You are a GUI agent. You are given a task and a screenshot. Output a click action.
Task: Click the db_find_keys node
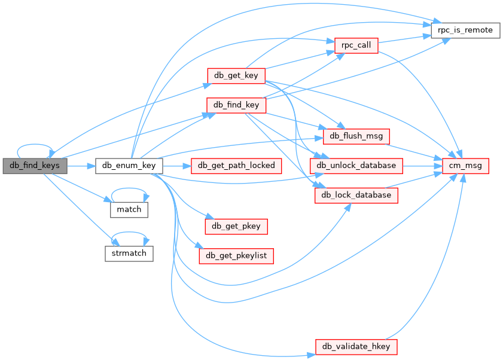click(x=35, y=164)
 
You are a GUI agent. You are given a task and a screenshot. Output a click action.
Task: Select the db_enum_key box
click(x=129, y=165)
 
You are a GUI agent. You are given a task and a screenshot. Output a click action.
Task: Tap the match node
click(x=129, y=209)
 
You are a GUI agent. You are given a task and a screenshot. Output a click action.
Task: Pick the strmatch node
click(x=129, y=253)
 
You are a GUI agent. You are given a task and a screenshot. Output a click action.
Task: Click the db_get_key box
click(x=236, y=75)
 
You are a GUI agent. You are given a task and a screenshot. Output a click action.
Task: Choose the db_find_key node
click(x=236, y=105)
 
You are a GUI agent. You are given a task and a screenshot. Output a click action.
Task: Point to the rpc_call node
click(x=356, y=45)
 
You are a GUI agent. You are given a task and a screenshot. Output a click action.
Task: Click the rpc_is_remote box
click(x=465, y=30)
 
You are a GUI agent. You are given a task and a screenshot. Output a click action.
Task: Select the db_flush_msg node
click(x=356, y=136)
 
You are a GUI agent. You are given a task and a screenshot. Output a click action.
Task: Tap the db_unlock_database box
click(x=356, y=165)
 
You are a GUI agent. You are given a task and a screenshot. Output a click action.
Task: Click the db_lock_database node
click(x=356, y=195)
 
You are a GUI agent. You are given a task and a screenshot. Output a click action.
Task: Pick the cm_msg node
click(x=465, y=165)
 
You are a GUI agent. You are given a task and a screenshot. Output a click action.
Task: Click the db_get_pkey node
click(x=236, y=226)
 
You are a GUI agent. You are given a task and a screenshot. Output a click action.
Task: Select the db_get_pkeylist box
click(x=236, y=256)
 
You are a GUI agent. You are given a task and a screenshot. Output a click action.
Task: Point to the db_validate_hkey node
click(x=356, y=347)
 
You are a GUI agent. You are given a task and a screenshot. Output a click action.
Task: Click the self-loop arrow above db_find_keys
click(x=35, y=145)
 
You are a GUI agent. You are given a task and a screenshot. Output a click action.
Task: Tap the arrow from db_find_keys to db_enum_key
click(x=81, y=164)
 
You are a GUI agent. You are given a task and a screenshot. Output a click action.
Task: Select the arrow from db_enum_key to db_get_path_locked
click(x=176, y=165)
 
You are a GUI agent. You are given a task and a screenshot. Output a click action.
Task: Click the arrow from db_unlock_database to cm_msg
click(x=422, y=165)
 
